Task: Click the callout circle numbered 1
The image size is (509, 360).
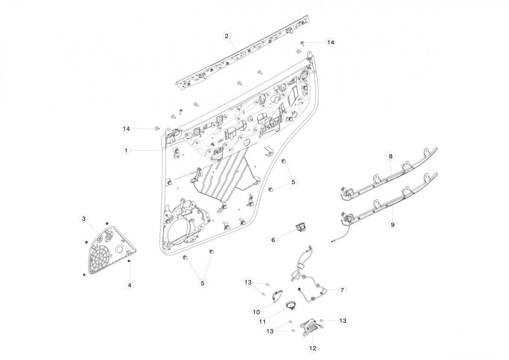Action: (x=126, y=150)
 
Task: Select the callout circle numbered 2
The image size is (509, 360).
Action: (x=227, y=36)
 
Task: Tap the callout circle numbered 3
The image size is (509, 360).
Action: (x=83, y=219)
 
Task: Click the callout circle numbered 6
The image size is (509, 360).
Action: (x=273, y=240)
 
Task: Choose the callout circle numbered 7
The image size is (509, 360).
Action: (x=341, y=290)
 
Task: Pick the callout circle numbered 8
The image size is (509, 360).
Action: (x=390, y=155)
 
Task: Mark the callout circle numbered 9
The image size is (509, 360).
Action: (x=393, y=225)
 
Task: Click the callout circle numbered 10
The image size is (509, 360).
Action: (x=256, y=312)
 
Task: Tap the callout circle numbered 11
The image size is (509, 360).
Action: (x=263, y=321)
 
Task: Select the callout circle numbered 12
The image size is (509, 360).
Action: (x=313, y=349)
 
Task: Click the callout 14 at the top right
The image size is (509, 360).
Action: (x=330, y=42)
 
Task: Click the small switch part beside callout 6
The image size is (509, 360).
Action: (x=300, y=228)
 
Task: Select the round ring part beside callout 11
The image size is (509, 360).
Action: (x=291, y=305)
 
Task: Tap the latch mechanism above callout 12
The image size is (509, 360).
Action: (x=308, y=326)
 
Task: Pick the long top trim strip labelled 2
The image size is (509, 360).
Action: (x=245, y=54)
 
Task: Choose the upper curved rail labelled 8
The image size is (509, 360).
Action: (x=391, y=172)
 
